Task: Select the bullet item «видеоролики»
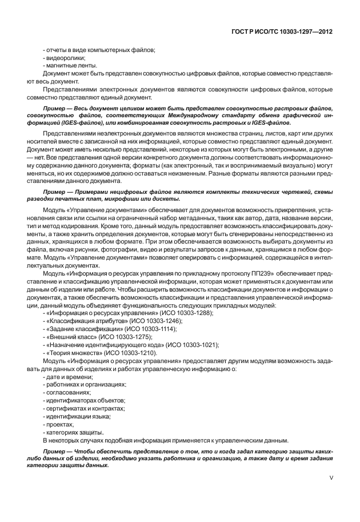[x=65, y=58]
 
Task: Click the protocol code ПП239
[x=259, y=273]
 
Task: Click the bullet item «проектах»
[x=59, y=425]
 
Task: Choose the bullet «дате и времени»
[x=67, y=377]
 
